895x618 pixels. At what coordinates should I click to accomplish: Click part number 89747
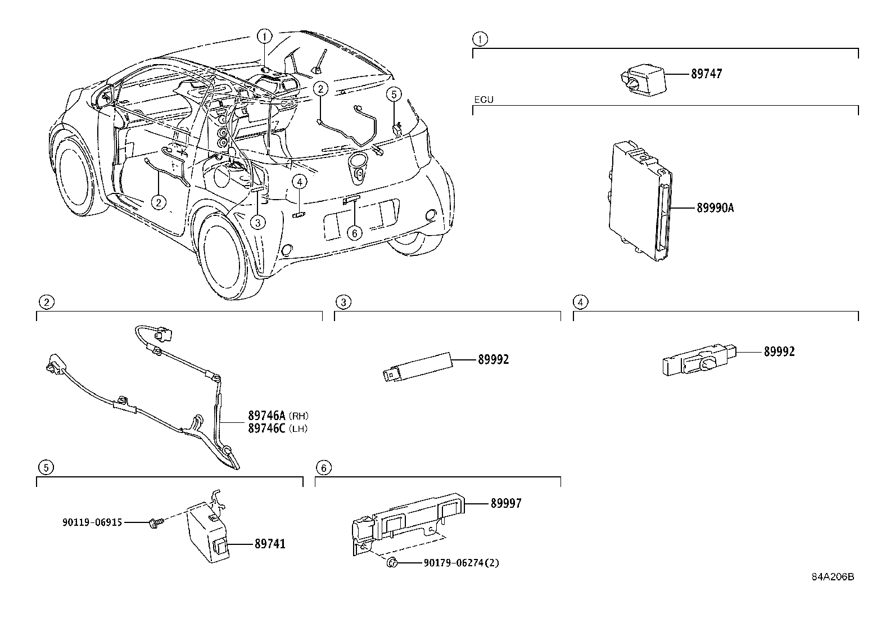point(706,74)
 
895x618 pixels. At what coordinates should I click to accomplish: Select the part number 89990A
point(715,208)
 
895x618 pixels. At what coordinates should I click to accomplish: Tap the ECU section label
point(483,100)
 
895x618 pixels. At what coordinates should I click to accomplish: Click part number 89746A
point(267,416)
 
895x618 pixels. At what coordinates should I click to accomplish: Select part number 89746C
point(267,428)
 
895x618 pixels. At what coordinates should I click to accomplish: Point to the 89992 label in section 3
point(493,359)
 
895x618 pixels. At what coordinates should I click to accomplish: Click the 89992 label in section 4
point(779,352)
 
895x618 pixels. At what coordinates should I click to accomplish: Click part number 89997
point(505,503)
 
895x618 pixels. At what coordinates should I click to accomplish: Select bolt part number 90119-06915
point(92,522)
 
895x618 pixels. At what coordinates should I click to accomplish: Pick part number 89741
point(270,544)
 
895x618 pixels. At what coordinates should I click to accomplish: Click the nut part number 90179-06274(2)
point(461,562)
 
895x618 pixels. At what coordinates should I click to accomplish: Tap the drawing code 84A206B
point(833,578)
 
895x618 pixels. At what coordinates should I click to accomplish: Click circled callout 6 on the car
point(354,233)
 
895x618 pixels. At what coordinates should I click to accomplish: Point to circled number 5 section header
point(46,467)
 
